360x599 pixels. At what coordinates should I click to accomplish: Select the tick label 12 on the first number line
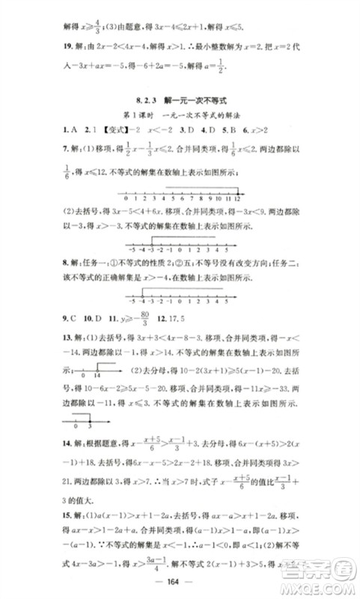(x=237, y=200)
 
